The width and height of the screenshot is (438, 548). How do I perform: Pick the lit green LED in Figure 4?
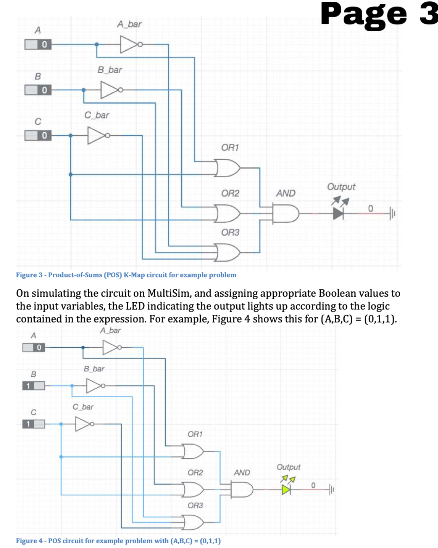(286, 490)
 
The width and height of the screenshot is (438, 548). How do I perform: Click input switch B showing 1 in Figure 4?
(33, 386)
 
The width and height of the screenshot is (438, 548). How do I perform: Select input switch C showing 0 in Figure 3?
(38, 135)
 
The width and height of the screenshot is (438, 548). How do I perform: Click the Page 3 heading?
(379, 14)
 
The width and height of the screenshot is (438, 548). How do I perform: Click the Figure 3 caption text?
(126, 275)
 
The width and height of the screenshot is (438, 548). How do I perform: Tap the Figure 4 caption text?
(118, 541)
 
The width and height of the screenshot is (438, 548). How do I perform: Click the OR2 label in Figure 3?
(230, 193)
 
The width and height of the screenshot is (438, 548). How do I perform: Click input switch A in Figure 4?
(33, 347)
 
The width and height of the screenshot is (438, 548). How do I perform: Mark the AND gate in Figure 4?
(242, 490)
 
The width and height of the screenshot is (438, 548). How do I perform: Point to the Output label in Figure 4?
(288, 467)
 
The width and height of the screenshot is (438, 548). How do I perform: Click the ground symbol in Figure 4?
(331, 490)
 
